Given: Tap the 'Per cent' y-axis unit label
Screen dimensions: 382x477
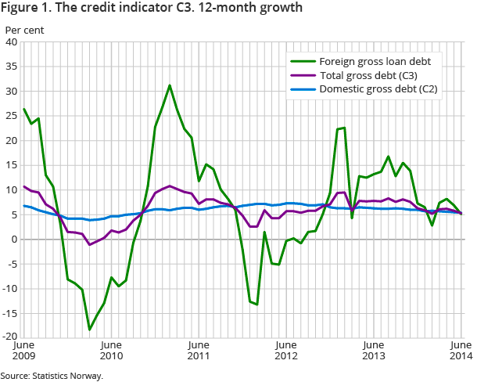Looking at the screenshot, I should point(25,31).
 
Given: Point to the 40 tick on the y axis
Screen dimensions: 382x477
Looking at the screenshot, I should point(13,42).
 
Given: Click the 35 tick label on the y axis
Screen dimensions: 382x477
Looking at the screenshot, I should point(13,67).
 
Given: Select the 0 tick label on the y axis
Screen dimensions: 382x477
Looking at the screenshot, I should point(15,240).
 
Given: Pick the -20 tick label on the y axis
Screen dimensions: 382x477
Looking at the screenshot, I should point(11,337).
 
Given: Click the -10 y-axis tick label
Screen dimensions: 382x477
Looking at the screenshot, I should point(11,289).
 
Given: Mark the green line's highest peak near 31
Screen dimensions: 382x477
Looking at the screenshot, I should point(170,85).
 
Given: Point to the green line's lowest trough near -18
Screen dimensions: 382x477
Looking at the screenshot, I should point(90,330).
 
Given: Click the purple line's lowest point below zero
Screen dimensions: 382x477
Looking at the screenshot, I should point(90,245).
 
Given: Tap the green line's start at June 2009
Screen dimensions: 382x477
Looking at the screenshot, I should point(24,109).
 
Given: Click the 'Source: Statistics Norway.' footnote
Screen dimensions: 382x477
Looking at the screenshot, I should point(52,376).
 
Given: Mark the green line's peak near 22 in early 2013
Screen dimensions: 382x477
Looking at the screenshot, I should point(344,128).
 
